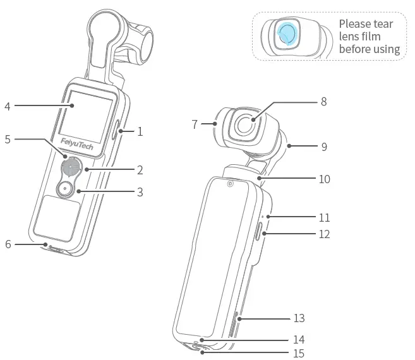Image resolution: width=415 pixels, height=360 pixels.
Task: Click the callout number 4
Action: click(8, 106)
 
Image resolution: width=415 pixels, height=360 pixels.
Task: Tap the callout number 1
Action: click(140, 132)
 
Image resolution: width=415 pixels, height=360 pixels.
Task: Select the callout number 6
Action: click(8, 243)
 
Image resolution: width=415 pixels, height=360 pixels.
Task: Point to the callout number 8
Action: click(323, 101)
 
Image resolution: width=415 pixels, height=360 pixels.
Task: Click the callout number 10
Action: click(324, 179)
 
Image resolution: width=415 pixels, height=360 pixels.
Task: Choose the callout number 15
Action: click(299, 353)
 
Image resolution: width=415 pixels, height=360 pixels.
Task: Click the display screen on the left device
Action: click(88, 114)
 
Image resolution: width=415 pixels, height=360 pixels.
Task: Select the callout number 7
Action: click(195, 124)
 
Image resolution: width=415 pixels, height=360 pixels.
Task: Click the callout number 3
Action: click(140, 191)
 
